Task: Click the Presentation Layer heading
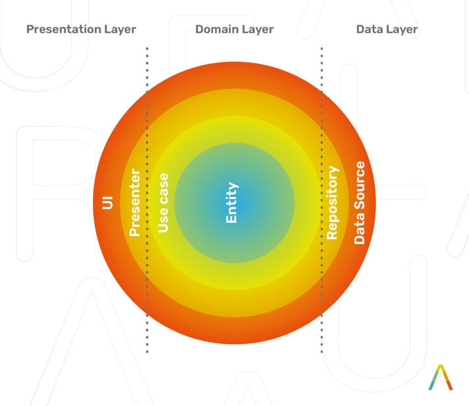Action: click(x=81, y=30)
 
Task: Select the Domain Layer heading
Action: click(x=234, y=30)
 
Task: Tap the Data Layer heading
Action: click(x=387, y=30)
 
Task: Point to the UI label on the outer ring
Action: click(x=108, y=202)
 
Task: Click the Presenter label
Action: click(x=135, y=202)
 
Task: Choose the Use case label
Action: click(x=163, y=202)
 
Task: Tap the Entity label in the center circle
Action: click(x=232, y=202)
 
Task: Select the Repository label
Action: click(x=333, y=202)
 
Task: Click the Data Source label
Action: click(x=360, y=202)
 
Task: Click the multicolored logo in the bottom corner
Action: click(x=441, y=377)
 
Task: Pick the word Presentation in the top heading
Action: click(x=65, y=30)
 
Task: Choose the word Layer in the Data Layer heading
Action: click(x=402, y=30)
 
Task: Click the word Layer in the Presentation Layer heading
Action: click(x=120, y=30)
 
